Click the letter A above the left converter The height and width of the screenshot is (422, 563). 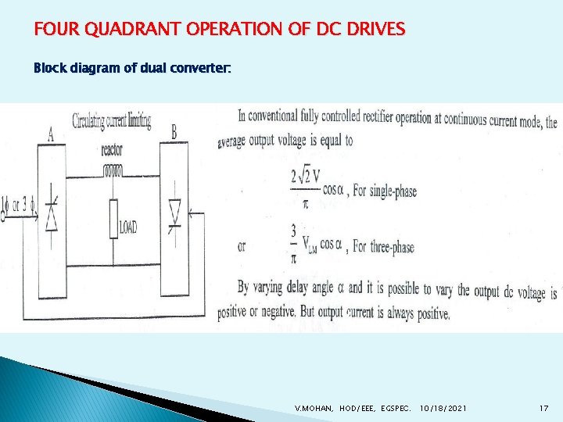(50, 134)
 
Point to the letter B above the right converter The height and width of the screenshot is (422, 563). (174, 133)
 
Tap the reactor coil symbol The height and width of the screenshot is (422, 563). (113, 170)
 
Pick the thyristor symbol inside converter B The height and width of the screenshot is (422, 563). (174, 213)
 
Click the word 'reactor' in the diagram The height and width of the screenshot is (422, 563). (112, 149)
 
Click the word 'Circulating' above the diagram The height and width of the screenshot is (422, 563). (92, 121)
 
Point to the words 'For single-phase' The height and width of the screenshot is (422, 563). (385, 191)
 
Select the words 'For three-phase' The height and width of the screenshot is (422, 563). (384, 247)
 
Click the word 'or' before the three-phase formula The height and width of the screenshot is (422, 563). (242, 246)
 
